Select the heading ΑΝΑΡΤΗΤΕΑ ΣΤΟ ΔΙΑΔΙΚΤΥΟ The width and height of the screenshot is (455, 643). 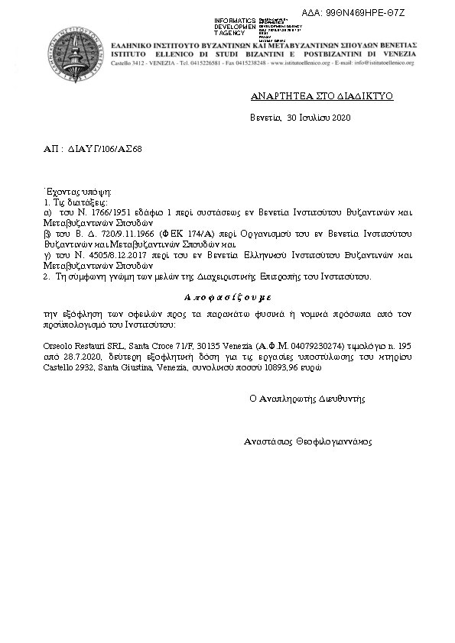click(x=312, y=98)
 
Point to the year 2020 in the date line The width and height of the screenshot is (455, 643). click(x=340, y=118)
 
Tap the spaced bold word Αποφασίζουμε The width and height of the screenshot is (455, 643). click(x=227, y=295)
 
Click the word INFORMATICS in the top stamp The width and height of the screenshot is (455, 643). click(x=236, y=20)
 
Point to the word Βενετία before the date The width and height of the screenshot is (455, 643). click(x=265, y=118)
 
